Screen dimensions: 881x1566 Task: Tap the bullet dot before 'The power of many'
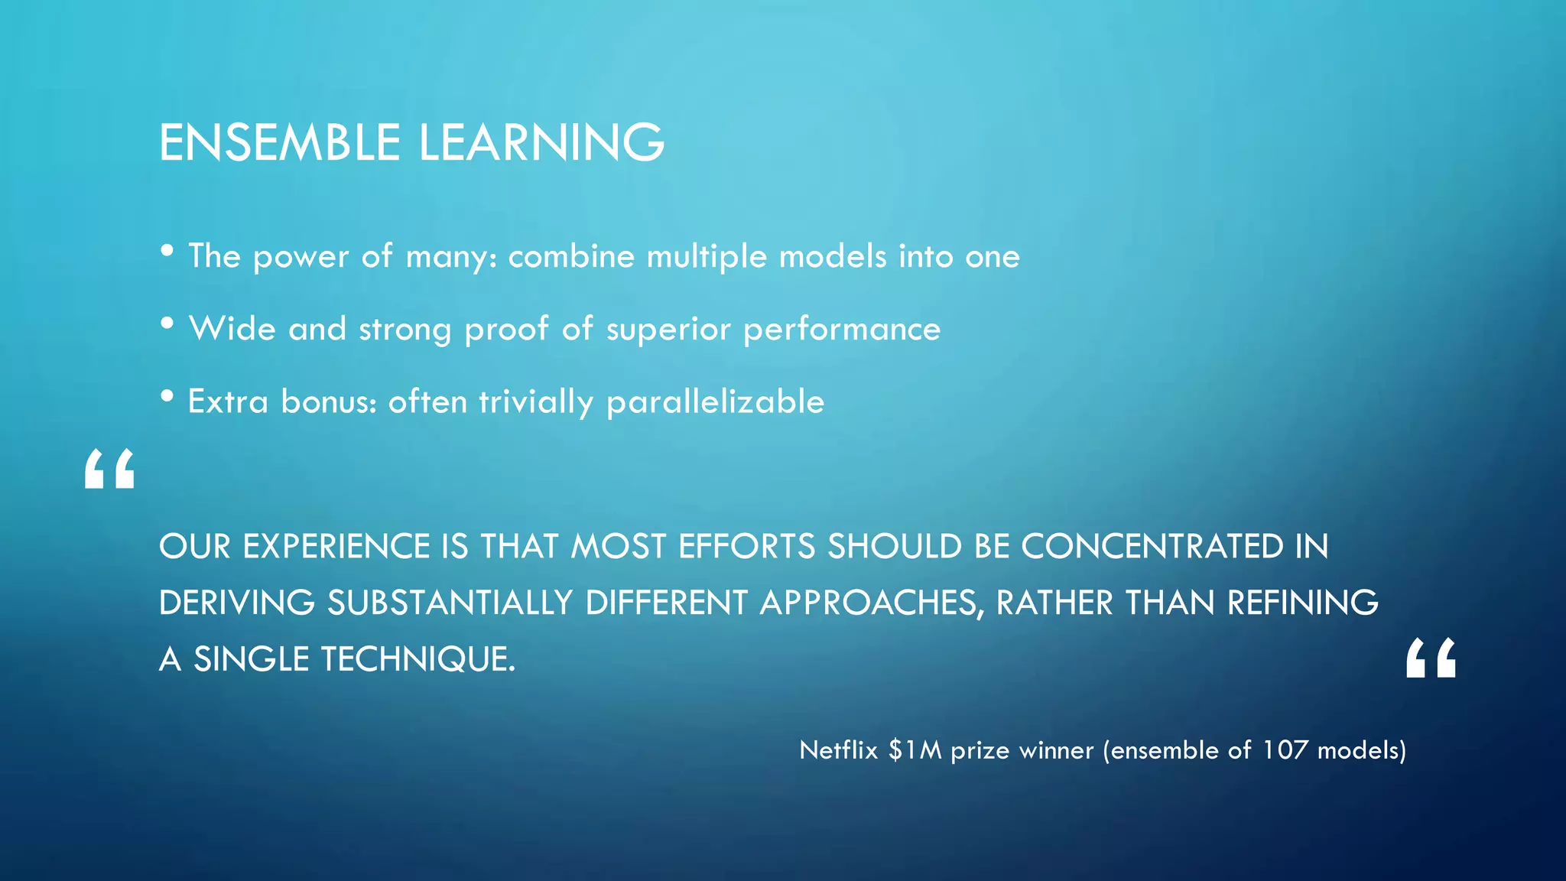(167, 251)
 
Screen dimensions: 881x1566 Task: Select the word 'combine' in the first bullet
(571, 256)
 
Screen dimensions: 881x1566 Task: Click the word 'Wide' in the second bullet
(232, 329)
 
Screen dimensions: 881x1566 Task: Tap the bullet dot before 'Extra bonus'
(167, 396)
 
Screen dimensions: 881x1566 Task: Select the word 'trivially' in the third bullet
(536, 402)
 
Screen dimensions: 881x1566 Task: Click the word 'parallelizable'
(715, 402)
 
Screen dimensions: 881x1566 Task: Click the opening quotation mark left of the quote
(109, 469)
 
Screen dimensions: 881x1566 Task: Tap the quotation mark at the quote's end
(1431, 658)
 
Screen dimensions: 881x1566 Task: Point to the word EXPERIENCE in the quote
(336, 547)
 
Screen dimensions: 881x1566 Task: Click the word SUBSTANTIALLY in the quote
(450, 603)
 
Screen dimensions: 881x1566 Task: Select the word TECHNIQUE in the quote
(417, 659)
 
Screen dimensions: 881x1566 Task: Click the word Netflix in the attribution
(838, 750)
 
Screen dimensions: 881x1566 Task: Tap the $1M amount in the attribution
(915, 750)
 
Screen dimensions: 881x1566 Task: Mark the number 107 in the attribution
(1285, 750)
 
